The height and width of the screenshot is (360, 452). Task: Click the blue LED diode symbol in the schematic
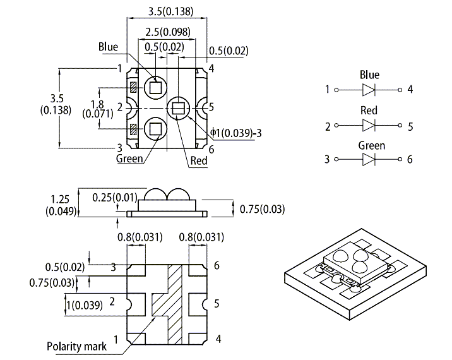(x=369, y=89)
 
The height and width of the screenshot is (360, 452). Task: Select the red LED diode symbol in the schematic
(x=369, y=126)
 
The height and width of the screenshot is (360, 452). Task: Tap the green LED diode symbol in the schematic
(x=369, y=159)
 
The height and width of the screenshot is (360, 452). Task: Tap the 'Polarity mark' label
(x=76, y=346)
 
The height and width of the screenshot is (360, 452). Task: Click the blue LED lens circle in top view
(x=154, y=87)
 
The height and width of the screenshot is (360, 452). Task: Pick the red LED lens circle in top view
(x=179, y=107)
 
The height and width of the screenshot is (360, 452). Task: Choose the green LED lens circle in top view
(x=154, y=129)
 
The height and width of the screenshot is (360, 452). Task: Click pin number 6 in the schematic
(x=410, y=159)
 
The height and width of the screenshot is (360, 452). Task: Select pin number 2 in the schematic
(x=328, y=126)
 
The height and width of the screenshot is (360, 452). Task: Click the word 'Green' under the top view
(x=129, y=159)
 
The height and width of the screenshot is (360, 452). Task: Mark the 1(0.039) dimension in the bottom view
(x=81, y=304)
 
